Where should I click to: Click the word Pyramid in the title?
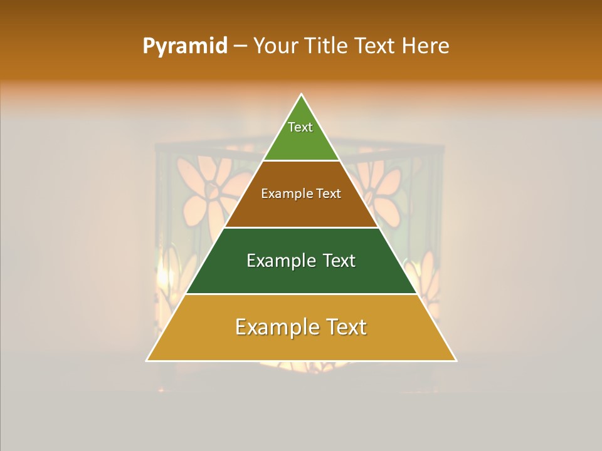click(184, 46)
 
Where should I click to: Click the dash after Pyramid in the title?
click(240, 46)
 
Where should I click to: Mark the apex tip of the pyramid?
click(302, 95)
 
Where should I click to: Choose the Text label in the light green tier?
click(300, 127)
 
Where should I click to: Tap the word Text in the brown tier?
click(329, 194)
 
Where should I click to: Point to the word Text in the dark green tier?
click(339, 261)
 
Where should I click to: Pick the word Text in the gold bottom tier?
click(344, 327)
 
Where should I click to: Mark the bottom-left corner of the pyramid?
click(147, 360)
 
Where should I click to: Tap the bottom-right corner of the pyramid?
click(456, 360)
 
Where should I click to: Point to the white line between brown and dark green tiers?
click(302, 227)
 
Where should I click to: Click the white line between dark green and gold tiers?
click(302, 294)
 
